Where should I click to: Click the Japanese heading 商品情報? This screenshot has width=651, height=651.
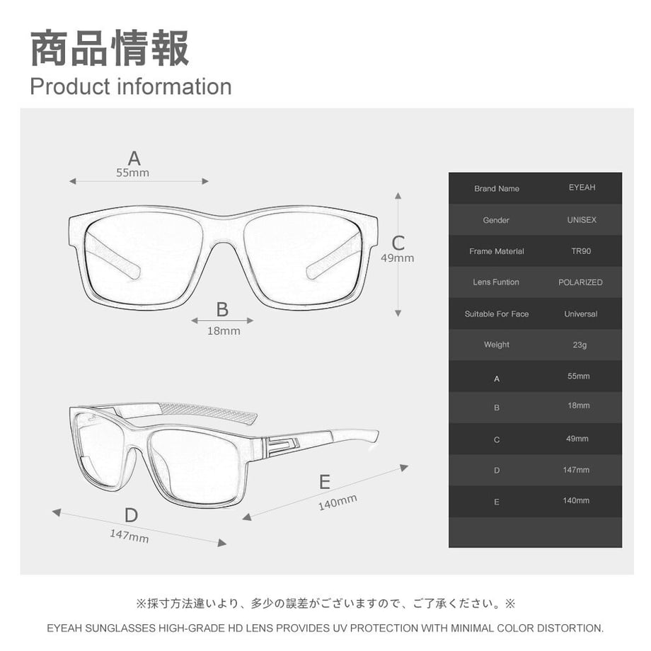point(110,48)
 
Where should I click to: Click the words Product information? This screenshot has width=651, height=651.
point(131,86)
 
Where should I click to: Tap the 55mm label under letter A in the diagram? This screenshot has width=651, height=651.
point(132,173)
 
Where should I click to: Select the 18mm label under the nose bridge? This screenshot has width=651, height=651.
point(224,331)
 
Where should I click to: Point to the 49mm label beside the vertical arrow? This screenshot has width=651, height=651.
point(398,258)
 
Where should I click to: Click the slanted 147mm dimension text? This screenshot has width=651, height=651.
point(129,536)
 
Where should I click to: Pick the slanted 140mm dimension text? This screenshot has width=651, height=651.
point(338,502)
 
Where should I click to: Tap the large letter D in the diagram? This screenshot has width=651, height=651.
point(131,515)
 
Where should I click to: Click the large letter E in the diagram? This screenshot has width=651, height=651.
point(325,482)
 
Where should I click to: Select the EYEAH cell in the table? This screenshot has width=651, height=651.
point(582,188)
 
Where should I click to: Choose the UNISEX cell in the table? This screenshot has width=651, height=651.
point(582,219)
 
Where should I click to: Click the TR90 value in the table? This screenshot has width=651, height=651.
point(581,250)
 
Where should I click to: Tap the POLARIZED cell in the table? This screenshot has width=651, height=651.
point(580,282)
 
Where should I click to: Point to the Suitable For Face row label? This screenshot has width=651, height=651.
point(497,314)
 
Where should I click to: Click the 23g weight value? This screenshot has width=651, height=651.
point(580,345)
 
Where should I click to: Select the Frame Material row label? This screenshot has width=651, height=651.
point(497,251)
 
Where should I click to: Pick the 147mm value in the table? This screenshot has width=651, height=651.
point(576,470)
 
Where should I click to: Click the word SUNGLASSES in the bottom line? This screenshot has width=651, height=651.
point(120,628)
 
